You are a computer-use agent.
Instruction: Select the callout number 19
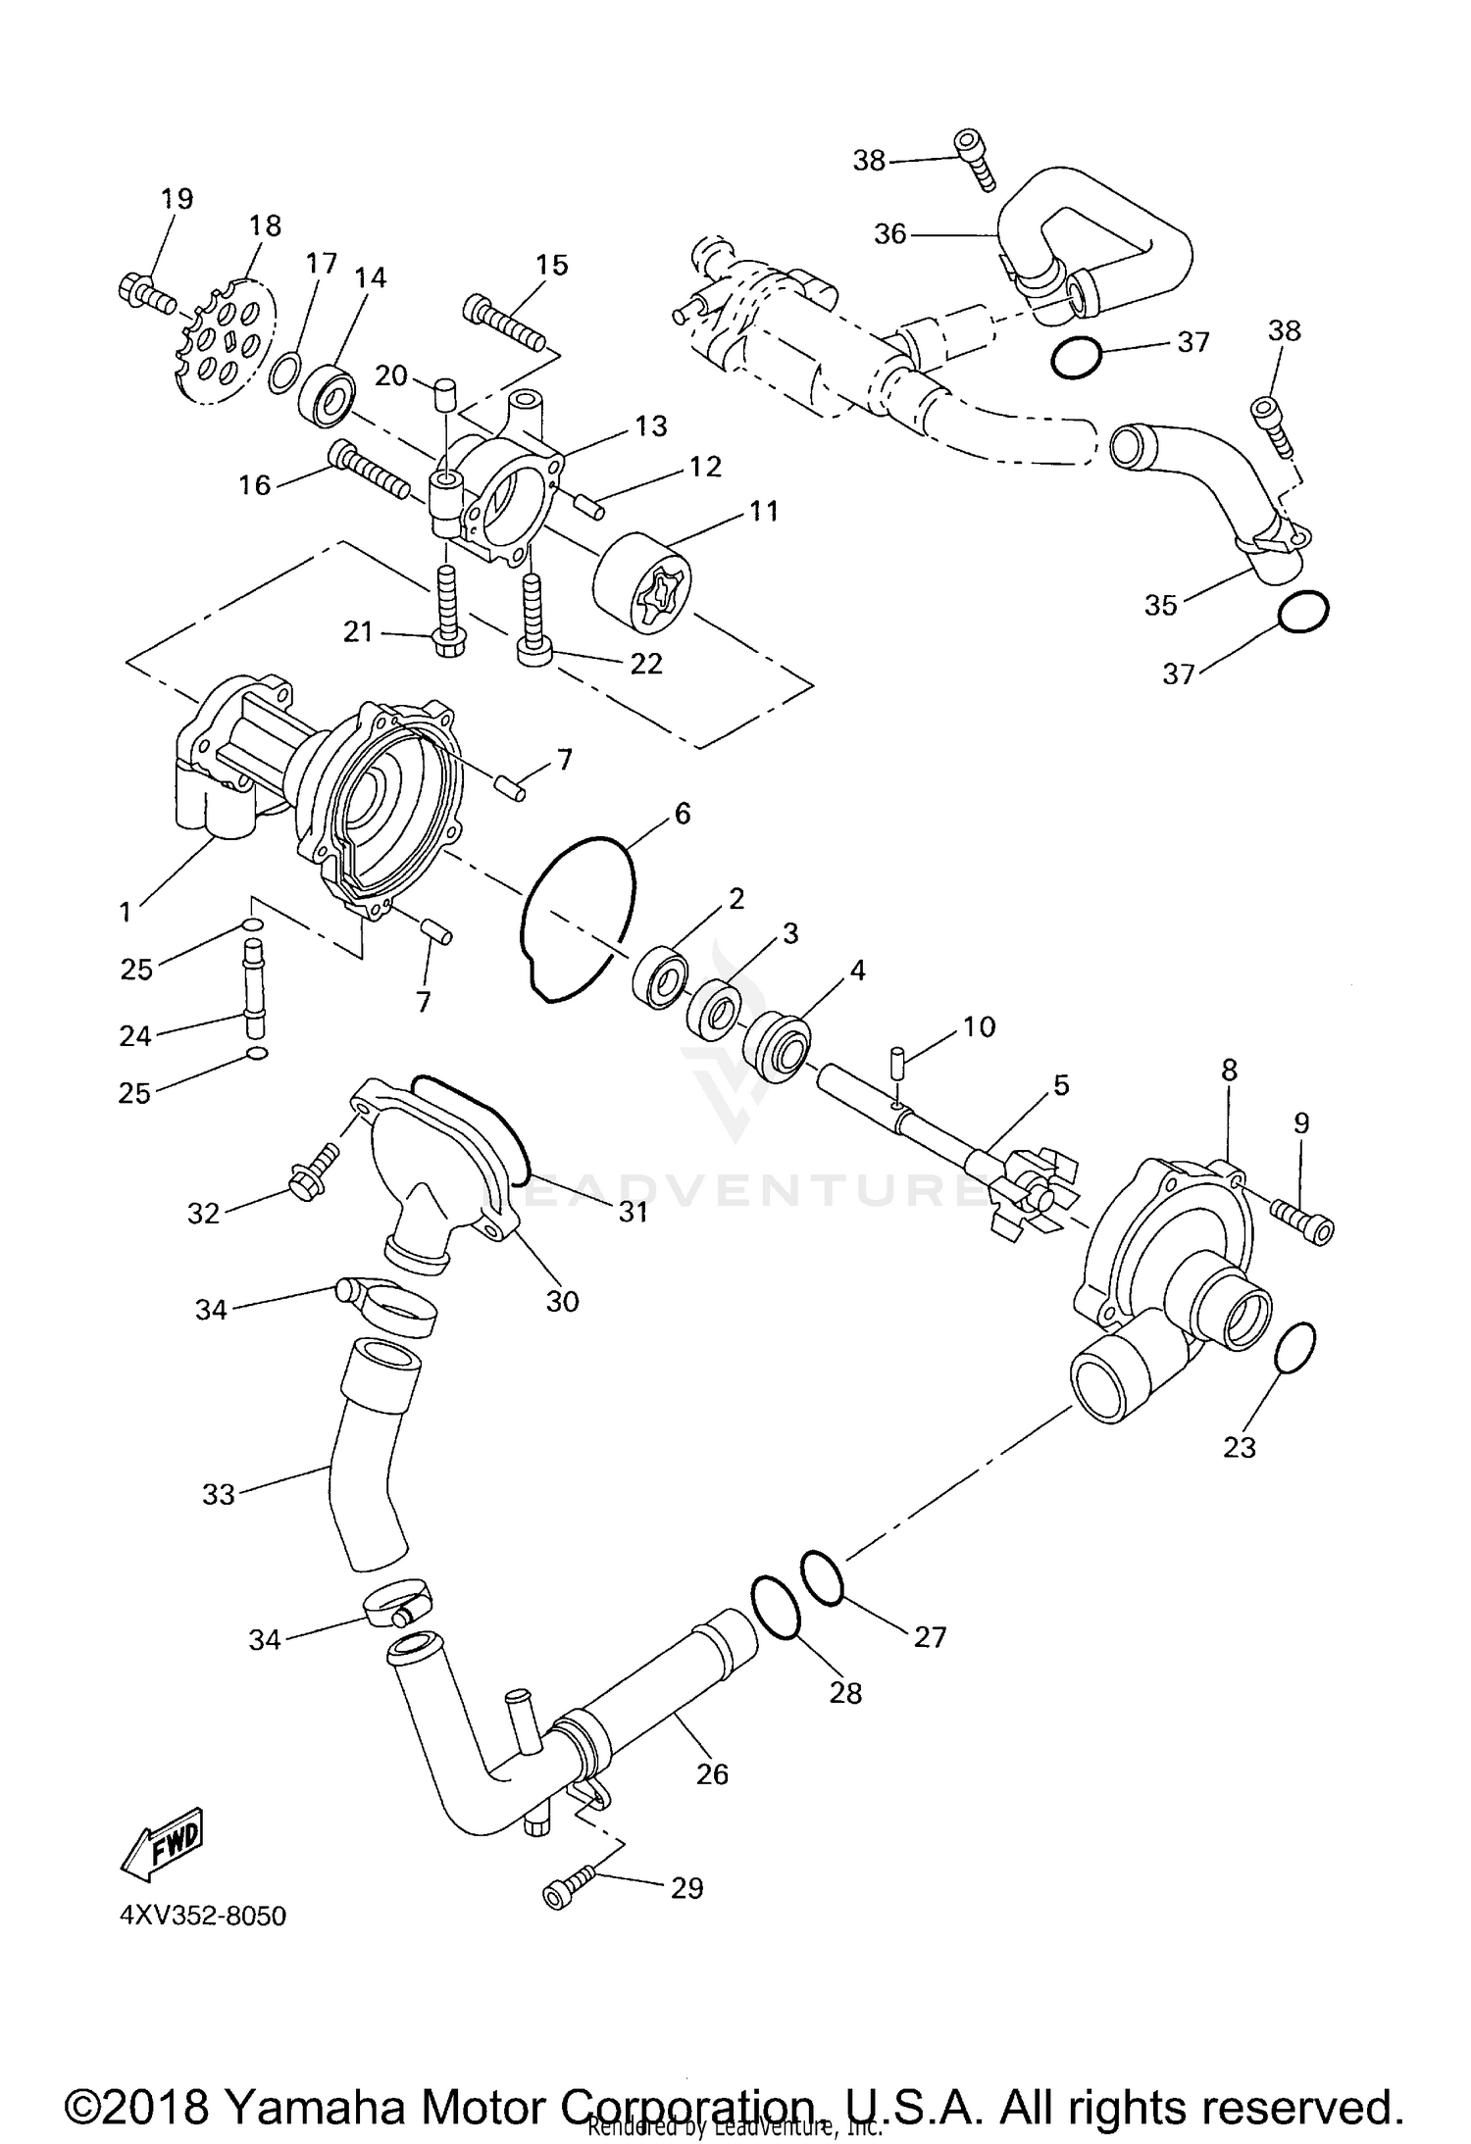(x=178, y=198)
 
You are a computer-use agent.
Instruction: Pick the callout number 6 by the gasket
(x=682, y=813)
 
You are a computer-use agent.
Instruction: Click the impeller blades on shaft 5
(x=1031, y=1186)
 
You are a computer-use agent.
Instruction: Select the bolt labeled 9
(x=1302, y=1222)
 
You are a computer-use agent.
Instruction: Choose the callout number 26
(x=712, y=1773)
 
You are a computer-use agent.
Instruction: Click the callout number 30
(x=563, y=1301)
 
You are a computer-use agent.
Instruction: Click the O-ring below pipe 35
(x=1303, y=612)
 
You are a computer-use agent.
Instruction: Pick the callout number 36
(x=889, y=234)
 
